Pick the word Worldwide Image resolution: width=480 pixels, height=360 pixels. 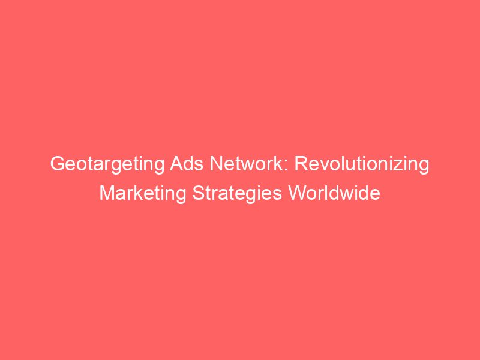click(x=335, y=194)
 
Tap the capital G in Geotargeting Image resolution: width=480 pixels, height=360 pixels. click(x=56, y=164)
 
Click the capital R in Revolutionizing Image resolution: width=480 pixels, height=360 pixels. click(x=299, y=164)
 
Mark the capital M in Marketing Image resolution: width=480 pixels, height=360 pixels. click(x=107, y=194)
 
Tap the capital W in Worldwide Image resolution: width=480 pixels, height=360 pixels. click(x=299, y=194)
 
